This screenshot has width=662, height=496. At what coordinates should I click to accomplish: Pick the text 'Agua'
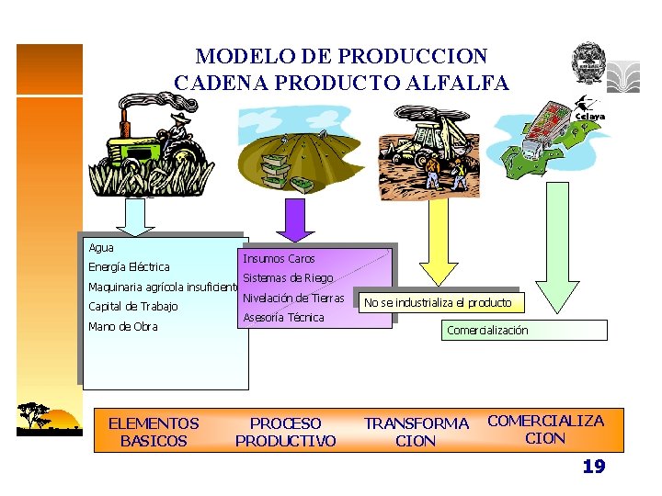pos(101,248)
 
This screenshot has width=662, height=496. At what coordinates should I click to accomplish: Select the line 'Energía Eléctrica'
pos(129,267)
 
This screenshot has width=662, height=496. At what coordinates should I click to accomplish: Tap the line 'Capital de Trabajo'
pos(133,307)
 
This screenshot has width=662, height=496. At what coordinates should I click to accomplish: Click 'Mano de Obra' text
pos(123,327)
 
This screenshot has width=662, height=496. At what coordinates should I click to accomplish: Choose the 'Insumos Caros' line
pos(279,259)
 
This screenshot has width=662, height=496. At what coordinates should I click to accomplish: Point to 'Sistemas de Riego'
pos(288,278)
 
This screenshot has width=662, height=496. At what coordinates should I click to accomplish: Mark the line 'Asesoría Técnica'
pos(283,318)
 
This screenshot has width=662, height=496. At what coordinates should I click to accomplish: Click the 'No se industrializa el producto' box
pos(438,303)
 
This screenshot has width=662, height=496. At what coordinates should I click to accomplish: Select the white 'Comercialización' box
pos(524,331)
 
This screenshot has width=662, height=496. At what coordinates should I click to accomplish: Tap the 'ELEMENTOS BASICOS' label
pos(154,432)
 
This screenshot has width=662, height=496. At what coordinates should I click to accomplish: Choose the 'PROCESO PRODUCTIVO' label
pos(286,432)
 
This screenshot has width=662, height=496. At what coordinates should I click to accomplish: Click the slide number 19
pos(594,468)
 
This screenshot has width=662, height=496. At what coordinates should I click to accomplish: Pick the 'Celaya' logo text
pos(590,117)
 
